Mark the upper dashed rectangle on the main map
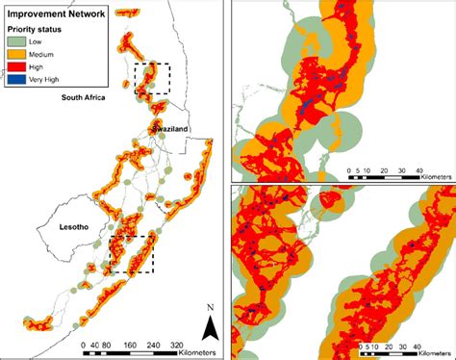click(x=152, y=78)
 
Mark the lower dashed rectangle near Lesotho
click(x=131, y=255)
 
